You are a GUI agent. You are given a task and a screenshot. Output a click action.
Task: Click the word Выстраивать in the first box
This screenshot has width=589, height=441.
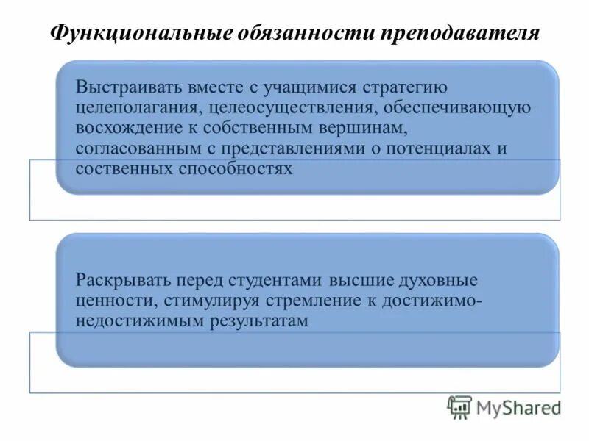point(121,88)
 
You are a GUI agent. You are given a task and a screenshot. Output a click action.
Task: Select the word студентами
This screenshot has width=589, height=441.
point(276,281)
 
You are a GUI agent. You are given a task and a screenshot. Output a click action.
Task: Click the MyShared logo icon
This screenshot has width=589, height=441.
point(460,406)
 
